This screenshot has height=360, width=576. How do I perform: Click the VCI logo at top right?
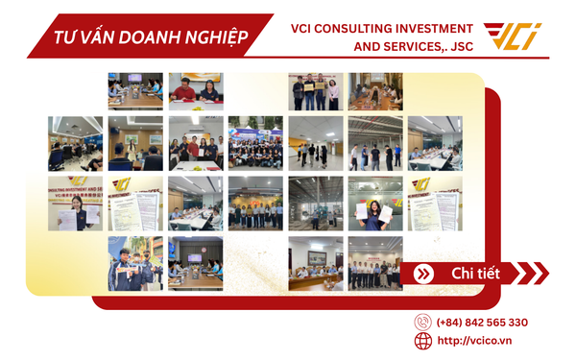click(x=512, y=36)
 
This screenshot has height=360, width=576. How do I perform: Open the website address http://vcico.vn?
click(x=474, y=341)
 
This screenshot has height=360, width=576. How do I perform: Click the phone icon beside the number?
click(x=422, y=323)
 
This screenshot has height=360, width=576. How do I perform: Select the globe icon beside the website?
click(x=422, y=341)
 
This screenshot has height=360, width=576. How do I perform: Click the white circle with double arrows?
click(x=421, y=275)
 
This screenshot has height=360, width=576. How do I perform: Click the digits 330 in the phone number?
click(x=514, y=323)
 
